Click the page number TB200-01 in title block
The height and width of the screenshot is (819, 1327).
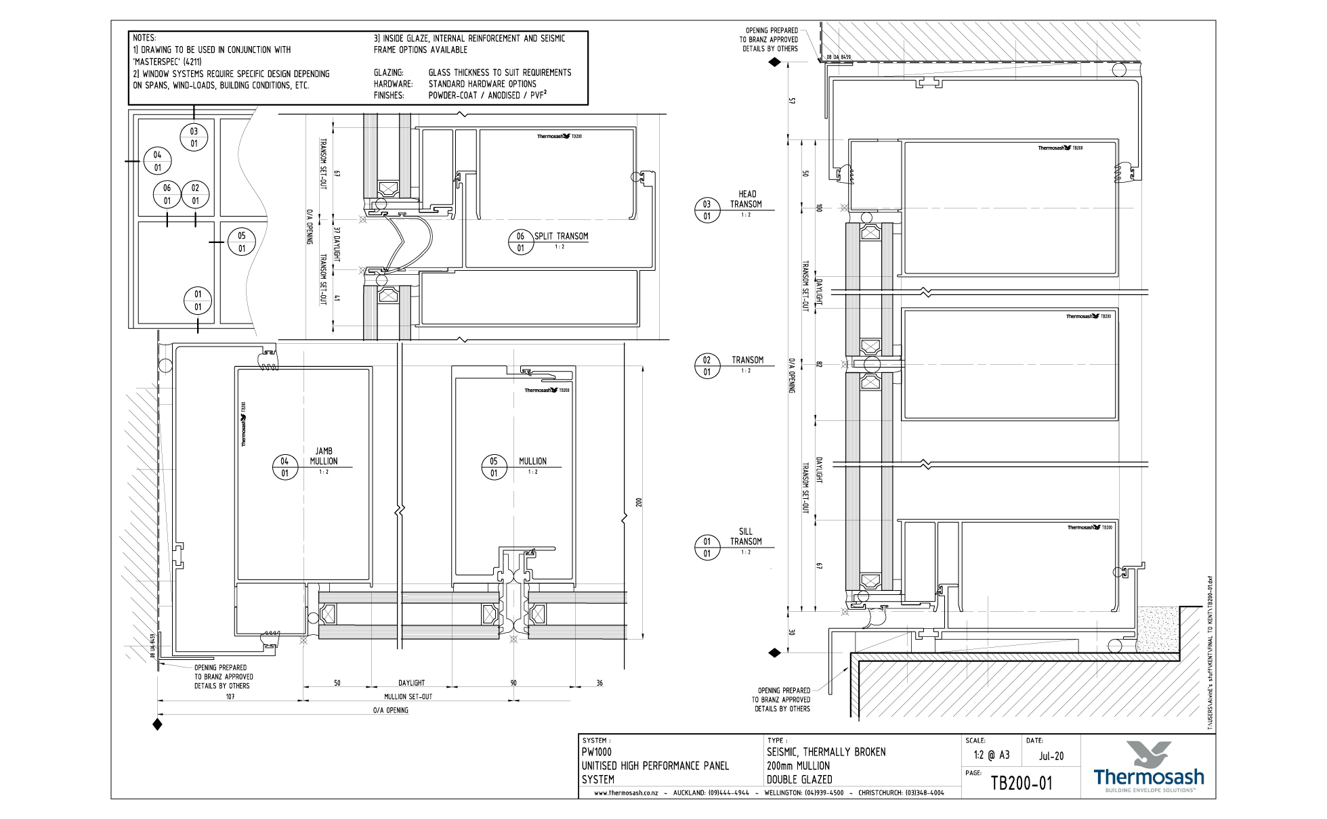[x=1021, y=784]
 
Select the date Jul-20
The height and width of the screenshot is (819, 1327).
[x=1051, y=756]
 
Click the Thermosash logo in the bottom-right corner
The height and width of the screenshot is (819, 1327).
[x=1149, y=768]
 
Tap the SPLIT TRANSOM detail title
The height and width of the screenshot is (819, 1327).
[x=561, y=236]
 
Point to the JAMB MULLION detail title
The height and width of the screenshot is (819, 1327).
[x=324, y=456]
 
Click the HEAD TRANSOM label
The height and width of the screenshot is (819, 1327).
[x=746, y=199]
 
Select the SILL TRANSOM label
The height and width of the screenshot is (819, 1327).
[x=746, y=537]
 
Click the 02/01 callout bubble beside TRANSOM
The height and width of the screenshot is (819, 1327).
[x=707, y=366]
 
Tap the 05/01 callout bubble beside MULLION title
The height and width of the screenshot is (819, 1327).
[x=494, y=467]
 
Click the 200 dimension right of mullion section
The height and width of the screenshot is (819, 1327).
[x=638, y=502]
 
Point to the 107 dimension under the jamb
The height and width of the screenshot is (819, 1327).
[x=230, y=696]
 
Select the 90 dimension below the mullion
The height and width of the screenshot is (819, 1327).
[x=513, y=683]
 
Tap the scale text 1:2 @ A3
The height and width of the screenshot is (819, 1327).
[x=991, y=755]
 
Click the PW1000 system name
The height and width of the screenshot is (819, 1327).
[x=597, y=752]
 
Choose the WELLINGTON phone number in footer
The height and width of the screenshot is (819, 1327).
[x=824, y=793]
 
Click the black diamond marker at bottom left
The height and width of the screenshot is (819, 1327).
[x=158, y=724]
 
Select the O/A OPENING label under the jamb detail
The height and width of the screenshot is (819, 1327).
[x=391, y=710]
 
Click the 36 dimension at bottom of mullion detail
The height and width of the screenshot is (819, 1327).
[x=599, y=683]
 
